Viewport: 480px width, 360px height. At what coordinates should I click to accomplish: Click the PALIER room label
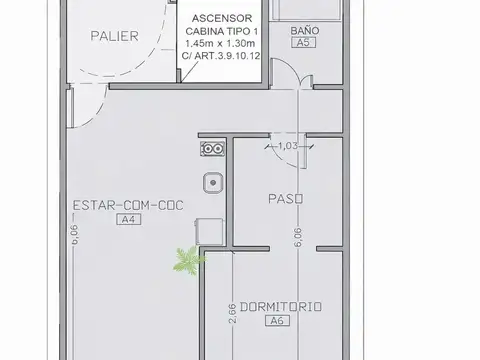pos(114,37)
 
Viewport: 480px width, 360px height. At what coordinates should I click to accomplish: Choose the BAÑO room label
pos(305,32)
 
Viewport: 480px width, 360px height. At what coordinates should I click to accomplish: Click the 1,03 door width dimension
pos(287,146)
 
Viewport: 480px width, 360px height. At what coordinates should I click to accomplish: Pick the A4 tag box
pos(127,219)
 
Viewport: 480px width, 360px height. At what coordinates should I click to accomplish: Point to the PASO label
pos(285,198)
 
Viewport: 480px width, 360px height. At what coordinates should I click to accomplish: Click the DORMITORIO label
pos(280,307)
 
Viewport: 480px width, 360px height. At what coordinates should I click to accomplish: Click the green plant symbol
pos(186,261)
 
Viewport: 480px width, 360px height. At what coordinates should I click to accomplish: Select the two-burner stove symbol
pos(211,148)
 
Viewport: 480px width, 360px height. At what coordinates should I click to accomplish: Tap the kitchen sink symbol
pos(211,183)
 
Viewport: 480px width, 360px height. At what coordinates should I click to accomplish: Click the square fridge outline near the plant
pos(210,231)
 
